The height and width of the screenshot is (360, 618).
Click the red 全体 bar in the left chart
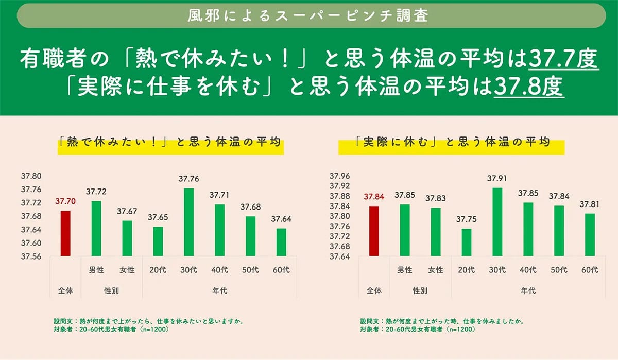click(65, 233)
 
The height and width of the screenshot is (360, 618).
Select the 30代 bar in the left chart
click(189, 222)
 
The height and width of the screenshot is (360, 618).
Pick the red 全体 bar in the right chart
click(374, 231)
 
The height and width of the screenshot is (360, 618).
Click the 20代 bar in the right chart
click(466, 242)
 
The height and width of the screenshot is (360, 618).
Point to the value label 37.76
click(189, 179)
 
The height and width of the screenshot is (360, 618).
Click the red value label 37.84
click(374, 197)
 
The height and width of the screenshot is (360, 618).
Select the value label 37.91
click(497, 179)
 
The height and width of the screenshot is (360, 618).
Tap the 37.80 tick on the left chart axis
click(31, 176)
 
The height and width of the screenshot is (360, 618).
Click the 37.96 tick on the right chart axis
click(339, 176)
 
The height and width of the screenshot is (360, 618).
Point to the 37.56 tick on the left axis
click(31, 256)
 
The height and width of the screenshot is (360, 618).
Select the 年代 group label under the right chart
click(528, 291)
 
